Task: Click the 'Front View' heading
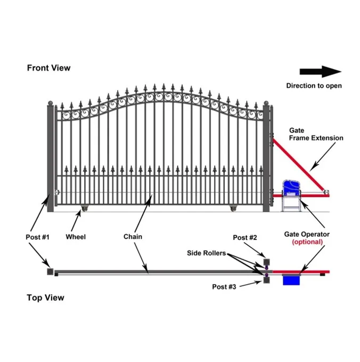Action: click(x=48, y=68)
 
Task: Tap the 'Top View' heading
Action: click(x=45, y=297)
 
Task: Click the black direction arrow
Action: click(x=320, y=72)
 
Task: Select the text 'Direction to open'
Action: click(x=314, y=85)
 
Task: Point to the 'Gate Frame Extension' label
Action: click(x=316, y=134)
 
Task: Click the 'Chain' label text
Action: click(x=133, y=236)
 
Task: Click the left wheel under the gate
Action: click(x=84, y=207)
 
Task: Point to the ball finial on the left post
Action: click(x=51, y=102)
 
